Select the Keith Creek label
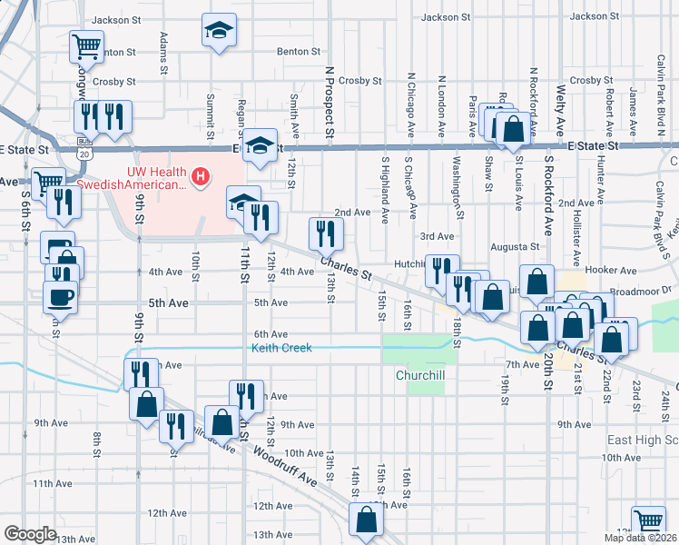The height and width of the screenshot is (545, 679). (x=281, y=348)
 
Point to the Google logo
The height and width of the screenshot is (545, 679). (x=30, y=533)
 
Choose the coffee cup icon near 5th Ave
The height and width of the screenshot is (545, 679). (x=61, y=296)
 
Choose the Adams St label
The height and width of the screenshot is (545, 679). (x=163, y=54)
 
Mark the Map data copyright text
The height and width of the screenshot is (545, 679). (x=641, y=538)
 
